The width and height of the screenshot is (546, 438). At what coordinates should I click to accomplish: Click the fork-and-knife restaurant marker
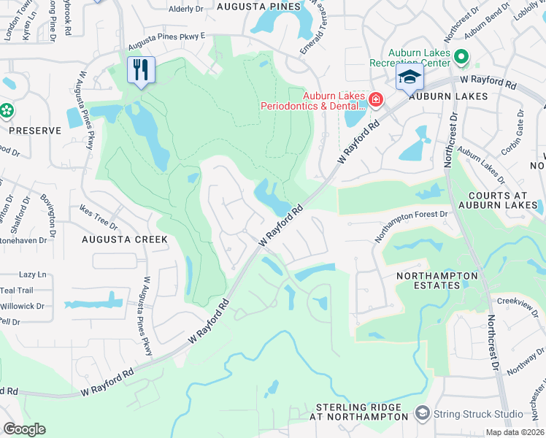pos(141,70)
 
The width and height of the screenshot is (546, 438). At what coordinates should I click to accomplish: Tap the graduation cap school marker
pos(409,78)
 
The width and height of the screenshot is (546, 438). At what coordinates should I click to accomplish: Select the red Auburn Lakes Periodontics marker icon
pos(376,100)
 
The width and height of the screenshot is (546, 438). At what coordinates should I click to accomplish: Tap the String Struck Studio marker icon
pos(421,414)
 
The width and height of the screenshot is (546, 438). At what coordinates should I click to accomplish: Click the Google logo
pos(24,429)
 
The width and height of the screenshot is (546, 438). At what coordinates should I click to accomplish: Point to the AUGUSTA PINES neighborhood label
pos(258,7)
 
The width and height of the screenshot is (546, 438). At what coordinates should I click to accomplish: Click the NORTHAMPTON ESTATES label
pos(437,280)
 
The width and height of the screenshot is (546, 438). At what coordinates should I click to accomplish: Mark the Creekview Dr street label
pos(516,301)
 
